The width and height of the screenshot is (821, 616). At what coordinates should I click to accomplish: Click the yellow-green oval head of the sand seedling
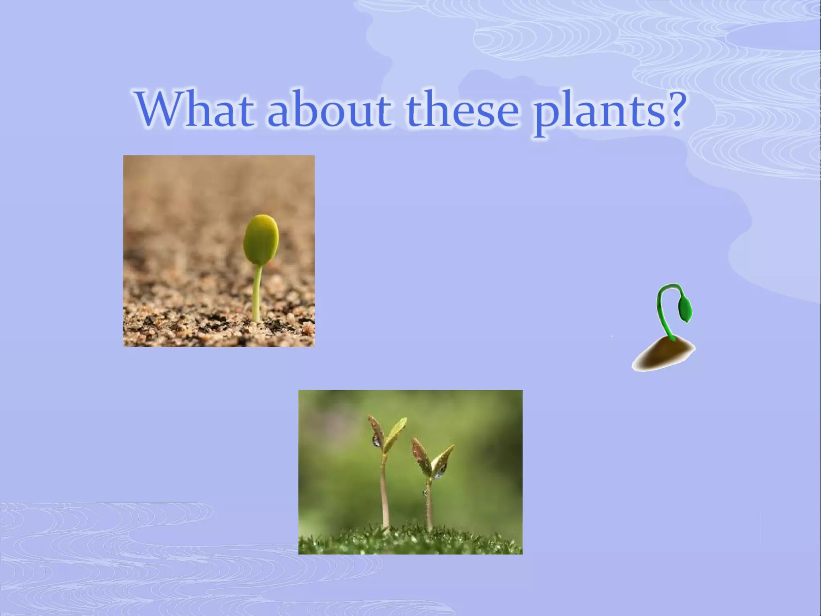coord(261,240)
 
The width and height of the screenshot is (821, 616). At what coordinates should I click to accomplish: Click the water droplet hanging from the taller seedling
coord(377,441)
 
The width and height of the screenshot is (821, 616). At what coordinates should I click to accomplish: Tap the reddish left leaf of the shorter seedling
coord(421,455)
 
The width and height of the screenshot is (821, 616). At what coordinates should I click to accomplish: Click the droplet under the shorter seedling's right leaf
coord(439,476)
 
